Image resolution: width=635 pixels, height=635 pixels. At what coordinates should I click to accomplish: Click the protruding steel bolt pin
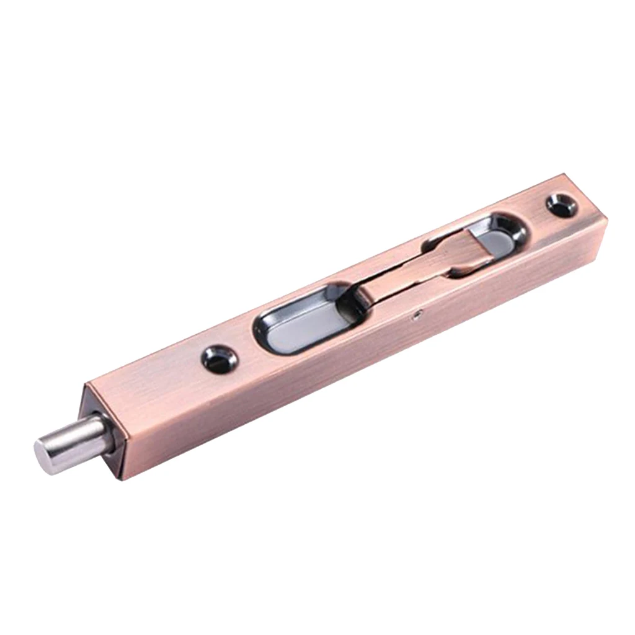pyautogui.click(x=74, y=442)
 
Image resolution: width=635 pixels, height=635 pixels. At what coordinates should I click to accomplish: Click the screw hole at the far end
pyautogui.click(x=562, y=205)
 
